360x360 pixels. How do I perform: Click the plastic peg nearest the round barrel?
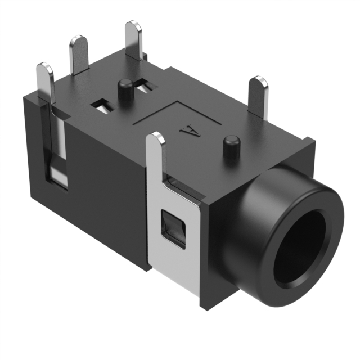point(229,147)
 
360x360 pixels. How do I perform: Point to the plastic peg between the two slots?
point(125,89)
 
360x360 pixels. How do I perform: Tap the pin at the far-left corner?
point(46,84)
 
